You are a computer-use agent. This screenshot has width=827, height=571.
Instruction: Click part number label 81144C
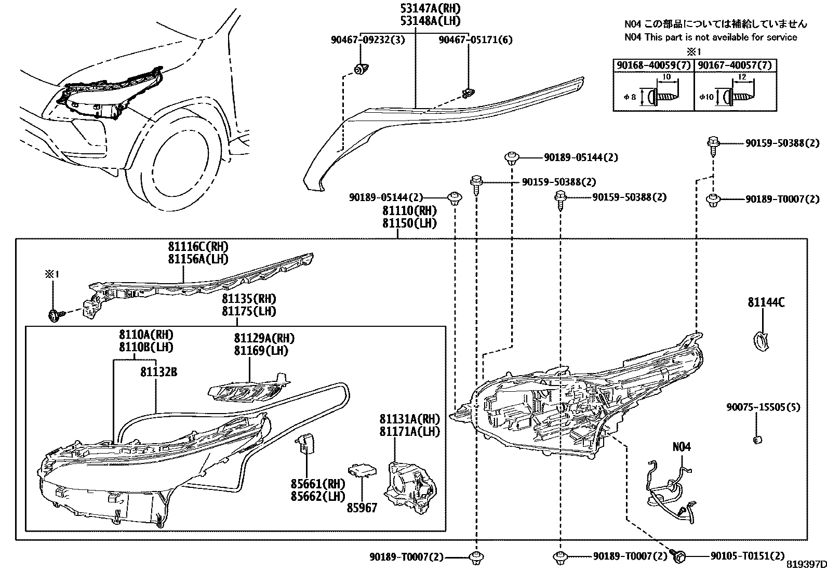(x=766, y=302)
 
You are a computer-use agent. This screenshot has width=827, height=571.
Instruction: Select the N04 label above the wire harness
(x=682, y=447)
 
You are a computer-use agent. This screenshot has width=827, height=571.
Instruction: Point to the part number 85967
(x=362, y=508)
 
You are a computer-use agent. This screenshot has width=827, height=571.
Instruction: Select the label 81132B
(x=158, y=372)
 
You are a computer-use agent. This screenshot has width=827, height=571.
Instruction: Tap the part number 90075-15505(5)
(x=763, y=407)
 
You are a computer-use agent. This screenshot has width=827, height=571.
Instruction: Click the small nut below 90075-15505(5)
(x=757, y=440)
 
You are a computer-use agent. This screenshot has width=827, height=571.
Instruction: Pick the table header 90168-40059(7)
(x=653, y=65)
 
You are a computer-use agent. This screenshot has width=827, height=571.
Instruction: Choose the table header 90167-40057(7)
(x=735, y=65)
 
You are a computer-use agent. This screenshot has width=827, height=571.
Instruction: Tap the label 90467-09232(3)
(x=367, y=40)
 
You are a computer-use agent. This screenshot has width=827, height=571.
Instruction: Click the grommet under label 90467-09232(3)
(x=360, y=69)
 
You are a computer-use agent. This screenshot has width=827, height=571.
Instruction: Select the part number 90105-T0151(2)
(x=747, y=556)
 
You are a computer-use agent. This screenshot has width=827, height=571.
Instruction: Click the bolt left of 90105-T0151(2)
(x=679, y=555)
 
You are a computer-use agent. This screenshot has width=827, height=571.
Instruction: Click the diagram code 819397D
(x=805, y=565)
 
